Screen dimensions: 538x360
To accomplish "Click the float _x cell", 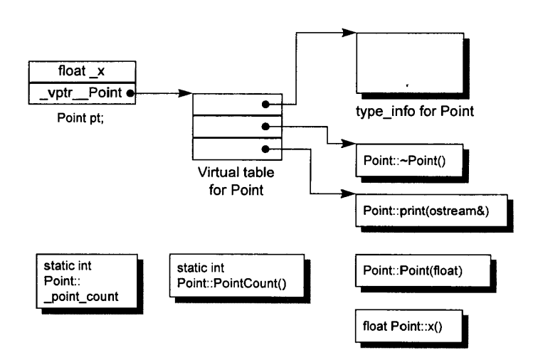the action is (x=82, y=72).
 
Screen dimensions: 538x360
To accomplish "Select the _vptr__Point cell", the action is (x=82, y=93).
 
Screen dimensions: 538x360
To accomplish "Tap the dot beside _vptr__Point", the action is (x=130, y=93).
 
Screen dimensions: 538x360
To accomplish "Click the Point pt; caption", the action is (x=80, y=117).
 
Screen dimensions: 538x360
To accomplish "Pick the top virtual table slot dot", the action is (x=265, y=105).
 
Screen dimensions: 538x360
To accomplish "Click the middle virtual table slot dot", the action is (x=265, y=127).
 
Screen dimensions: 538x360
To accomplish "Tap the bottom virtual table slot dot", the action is (x=265, y=149).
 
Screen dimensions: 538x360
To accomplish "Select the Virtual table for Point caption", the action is (x=236, y=181).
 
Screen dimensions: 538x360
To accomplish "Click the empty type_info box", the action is (x=410, y=63).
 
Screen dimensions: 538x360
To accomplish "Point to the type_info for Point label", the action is (x=415, y=111).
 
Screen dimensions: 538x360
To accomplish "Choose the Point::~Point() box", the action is (x=409, y=160).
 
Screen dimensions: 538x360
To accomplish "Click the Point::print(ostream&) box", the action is (x=431, y=211).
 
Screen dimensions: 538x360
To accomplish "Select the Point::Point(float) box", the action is (x=423, y=270).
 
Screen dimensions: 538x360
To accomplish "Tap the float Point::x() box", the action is (x=409, y=326).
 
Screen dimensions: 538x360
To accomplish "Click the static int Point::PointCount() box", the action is (x=237, y=275).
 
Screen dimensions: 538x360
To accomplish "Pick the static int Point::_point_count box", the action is (x=87, y=281).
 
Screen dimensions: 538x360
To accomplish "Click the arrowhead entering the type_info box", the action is (x=349, y=33).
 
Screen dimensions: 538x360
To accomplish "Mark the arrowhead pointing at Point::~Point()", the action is (x=349, y=144).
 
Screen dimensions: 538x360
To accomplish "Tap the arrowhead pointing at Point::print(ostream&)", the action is (x=349, y=194).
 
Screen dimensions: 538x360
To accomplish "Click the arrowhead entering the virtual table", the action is (x=186, y=93).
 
